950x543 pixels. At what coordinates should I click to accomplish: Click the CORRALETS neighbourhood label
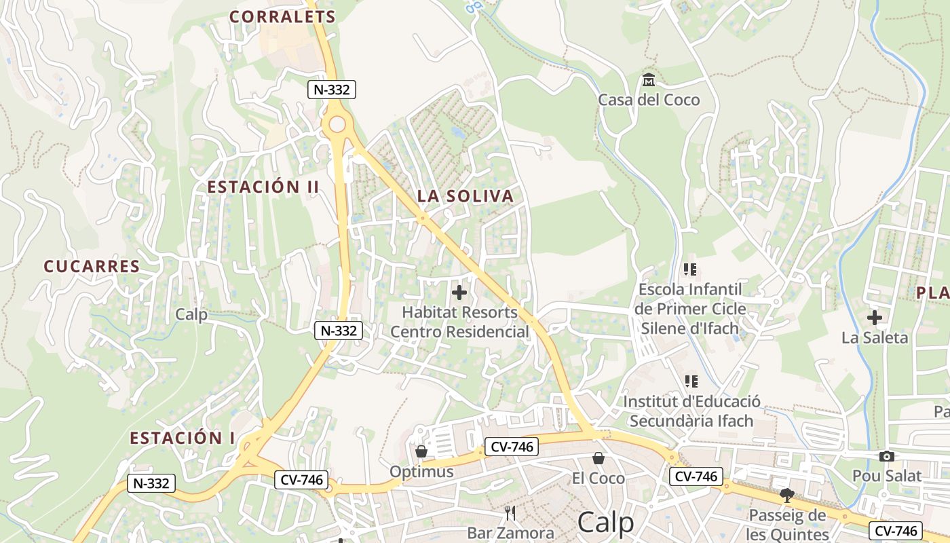tap(282, 17)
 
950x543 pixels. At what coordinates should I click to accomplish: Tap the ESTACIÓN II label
tap(263, 187)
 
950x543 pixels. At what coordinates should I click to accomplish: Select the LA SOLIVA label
tap(465, 197)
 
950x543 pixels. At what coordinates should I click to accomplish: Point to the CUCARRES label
tap(92, 267)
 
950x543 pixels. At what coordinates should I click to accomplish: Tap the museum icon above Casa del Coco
tap(648, 80)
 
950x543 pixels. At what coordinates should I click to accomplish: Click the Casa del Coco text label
tap(648, 100)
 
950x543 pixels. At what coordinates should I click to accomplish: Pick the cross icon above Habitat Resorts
tap(459, 293)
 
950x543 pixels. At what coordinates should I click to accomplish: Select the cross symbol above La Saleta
tap(875, 317)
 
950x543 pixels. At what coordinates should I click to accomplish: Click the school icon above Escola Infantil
tap(691, 269)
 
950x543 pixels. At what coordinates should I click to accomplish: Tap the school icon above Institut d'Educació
tap(691, 381)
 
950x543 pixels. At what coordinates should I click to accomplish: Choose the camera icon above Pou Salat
tap(886, 457)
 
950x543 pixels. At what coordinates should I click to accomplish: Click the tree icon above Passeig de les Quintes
tap(787, 495)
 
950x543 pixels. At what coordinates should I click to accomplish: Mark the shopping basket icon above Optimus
tap(421, 451)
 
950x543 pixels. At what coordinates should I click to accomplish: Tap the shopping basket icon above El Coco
tap(598, 459)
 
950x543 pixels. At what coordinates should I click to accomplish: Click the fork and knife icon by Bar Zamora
tap(510, 512)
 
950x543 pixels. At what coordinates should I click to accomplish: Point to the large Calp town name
tap(605, 523)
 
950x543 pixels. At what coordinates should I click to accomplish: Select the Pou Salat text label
tap(887, 476)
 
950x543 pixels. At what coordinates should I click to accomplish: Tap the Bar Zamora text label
tap(510, 533)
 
